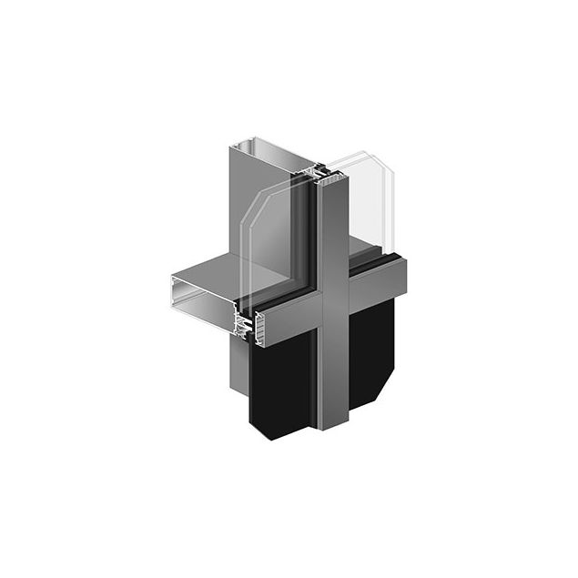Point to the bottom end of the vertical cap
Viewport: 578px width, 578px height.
tap(333, 425)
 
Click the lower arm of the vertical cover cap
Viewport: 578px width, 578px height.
tap(333, 373)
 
